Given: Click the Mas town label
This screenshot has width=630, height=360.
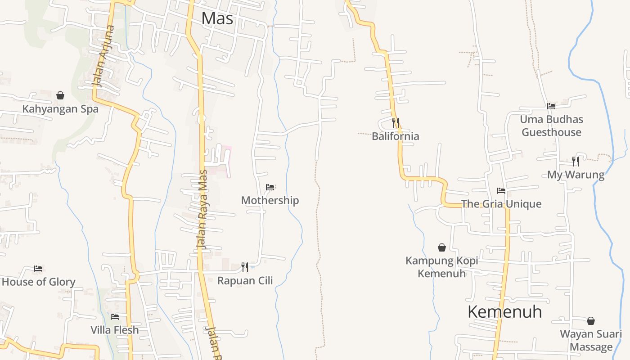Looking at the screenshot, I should (217, 18).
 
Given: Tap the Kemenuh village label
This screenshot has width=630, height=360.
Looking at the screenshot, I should (504, 311).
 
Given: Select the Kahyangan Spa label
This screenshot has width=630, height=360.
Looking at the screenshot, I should (60, 109).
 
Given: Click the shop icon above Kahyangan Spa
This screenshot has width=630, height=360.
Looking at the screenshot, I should (60, 95).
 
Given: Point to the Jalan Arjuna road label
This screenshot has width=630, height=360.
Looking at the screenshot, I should (103, 56).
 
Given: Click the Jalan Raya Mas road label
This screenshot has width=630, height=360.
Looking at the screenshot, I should (202, 209).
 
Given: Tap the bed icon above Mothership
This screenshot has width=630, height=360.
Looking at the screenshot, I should (270, 187).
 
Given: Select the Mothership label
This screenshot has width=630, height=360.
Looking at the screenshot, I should (270, 200).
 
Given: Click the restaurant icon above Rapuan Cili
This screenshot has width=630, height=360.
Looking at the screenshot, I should (245, 267).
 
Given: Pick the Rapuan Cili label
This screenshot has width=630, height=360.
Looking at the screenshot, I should (245, 281).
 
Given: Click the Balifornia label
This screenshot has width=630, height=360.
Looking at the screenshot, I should (395, 136).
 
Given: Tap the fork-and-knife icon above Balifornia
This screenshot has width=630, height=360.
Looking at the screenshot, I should (395, 122).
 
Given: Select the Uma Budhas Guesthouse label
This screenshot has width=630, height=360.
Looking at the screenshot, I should (551, 126).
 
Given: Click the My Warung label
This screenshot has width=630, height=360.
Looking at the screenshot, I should (576, 175).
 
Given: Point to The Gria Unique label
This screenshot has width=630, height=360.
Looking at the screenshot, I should (501, 204).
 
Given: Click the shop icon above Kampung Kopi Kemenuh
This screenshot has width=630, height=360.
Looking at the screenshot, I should (442, 247).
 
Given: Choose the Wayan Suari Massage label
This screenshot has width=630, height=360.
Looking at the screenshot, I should (591, 341).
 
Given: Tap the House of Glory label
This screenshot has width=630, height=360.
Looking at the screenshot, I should (38, 282).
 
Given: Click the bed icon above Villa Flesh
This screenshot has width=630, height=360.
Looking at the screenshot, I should (115, 317).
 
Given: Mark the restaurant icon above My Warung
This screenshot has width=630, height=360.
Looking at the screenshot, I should (576, 161).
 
